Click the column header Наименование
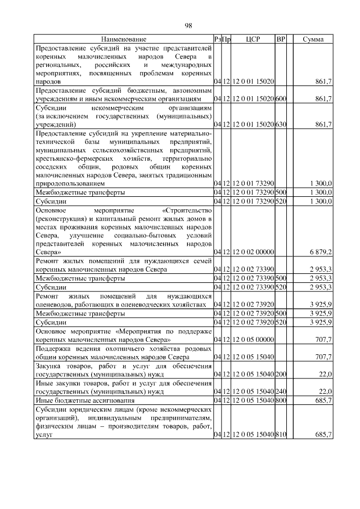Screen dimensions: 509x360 (124, 39)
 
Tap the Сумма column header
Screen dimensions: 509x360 (312, 39)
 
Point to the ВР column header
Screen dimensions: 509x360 (281, 39)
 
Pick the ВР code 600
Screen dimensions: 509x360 (281, 98)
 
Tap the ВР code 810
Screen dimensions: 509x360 (281, 435)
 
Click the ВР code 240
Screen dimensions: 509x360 (281, 391)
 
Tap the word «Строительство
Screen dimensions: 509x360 (186, 210)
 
